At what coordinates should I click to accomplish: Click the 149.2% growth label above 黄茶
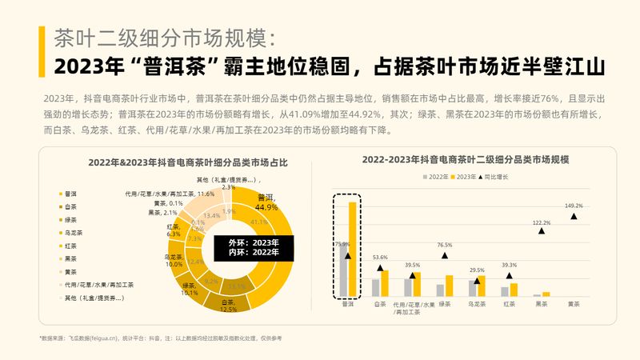point(574,206)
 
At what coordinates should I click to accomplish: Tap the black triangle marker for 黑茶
point(542,231)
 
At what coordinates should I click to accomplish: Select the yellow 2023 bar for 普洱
point(353,249)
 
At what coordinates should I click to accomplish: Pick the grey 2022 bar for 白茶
point(376,287)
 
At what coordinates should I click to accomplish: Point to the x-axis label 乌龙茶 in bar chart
point(477,305)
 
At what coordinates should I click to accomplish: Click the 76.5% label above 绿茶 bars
point(445,245)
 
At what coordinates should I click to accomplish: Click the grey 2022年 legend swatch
point(425,175)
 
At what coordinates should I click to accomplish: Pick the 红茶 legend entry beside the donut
point(70,245)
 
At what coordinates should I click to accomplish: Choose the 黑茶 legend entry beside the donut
point(70,258)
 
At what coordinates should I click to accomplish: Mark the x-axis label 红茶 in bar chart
point(509,305)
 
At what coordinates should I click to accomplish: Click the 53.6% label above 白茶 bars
point(380,258)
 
